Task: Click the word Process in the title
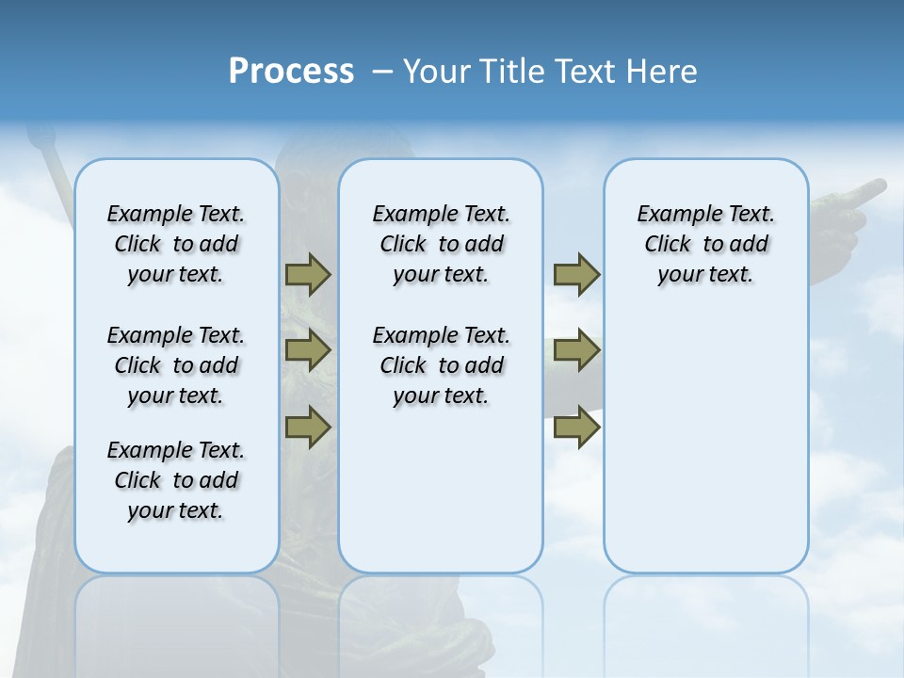tap(291, 72)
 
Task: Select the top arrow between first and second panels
tap(308, 274)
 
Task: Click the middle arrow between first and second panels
tap(308, 350)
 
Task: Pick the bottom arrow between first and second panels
tap(308, 427)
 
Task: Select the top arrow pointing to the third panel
tap(576, 274)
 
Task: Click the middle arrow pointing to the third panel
tap(576, 350)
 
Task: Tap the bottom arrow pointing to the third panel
tap(576, 427)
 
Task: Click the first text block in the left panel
tap(176, 244)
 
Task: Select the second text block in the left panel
tap(176, 365)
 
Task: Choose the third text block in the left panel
tap(176, 480)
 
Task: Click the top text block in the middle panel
tap(441, 244)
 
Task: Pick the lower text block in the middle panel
tap(441, 365)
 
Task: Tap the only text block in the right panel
tap(705, 244)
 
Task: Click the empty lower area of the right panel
tap(705, 443)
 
